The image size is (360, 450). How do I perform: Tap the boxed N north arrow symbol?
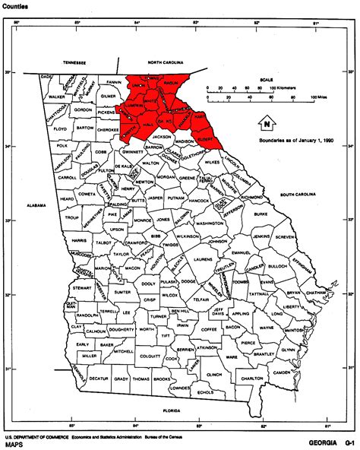click(267, 122)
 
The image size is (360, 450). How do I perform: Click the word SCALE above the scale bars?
click(268, 78)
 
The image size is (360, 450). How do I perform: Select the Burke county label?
click(262, 215)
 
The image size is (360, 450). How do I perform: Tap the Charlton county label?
click(253, 379)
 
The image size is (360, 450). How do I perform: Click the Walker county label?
click(57, 97)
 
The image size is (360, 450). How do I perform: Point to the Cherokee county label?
click(108, 130)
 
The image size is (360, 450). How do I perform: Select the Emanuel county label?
click(241, 252)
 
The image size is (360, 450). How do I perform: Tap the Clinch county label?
click(214, 375)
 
